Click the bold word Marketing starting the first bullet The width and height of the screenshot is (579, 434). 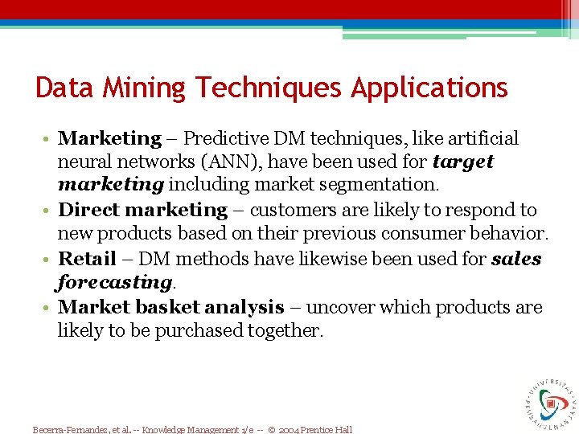pos(110,138)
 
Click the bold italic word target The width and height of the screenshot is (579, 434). pos(462,162)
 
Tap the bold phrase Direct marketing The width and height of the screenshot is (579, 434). pos(143,210)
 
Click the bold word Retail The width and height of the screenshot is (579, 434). pos(88,259)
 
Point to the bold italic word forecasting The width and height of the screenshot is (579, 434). pos(113,283)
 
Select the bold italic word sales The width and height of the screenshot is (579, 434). pos(515,259)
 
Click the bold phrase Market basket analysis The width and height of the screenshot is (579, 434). pos(171,307)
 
